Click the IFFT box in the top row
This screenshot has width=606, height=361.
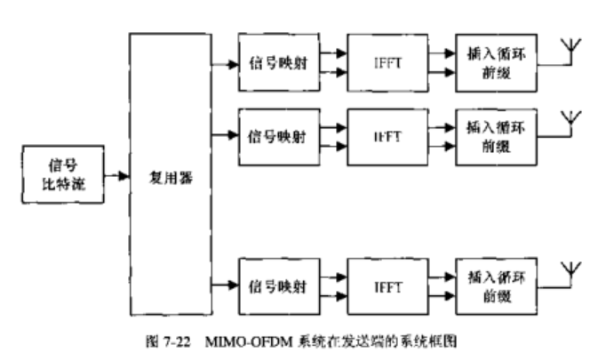387,64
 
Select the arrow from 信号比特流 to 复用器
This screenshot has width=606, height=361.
116,176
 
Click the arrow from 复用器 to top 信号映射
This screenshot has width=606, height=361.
225,64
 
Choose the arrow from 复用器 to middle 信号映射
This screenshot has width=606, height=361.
225,136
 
